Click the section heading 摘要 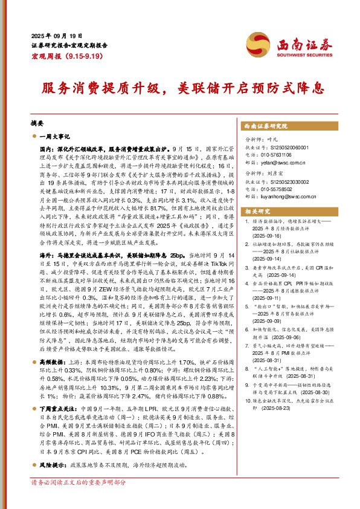pos(38,122)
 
